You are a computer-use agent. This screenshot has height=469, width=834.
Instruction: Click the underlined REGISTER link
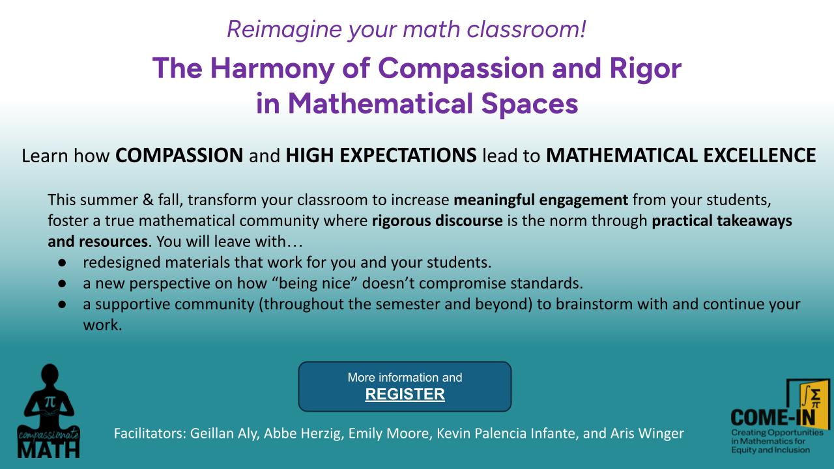coord(405,394)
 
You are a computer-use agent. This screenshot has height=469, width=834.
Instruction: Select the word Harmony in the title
coord(272,69)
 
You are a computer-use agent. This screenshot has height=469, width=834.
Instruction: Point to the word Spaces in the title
coord(530,104)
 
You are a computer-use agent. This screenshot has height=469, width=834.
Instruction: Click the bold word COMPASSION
coord(179,155)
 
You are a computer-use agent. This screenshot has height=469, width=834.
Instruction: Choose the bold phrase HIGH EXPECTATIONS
coord(381,155)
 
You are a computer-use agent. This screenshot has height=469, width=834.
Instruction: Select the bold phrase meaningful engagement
coord(541,200)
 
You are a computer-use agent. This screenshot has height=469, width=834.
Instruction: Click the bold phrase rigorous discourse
coord(437,221)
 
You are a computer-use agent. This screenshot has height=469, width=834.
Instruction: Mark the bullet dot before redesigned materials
coord(62,263)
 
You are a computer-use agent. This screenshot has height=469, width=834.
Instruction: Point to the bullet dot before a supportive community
coord(62,304)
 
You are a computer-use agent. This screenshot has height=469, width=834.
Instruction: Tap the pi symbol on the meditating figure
coord(50,402)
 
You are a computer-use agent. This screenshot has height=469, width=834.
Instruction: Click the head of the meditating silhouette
coord(50,373)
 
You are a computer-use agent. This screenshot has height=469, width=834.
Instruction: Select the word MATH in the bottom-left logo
coord(48,449)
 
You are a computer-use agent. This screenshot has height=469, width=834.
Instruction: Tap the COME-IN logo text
coord(773,418)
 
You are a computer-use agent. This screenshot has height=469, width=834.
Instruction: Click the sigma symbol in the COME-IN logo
coord(815,394)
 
